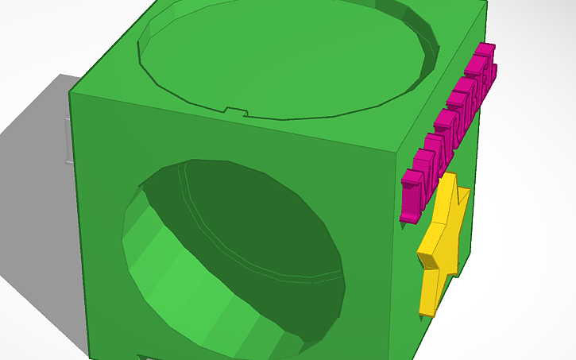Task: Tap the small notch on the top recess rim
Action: pyautogui.click(x=234, y=110)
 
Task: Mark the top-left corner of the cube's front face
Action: pyautogui.click(x=71, y=92)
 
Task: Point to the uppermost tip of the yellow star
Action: pyautogui.click(x=451, y=174)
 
